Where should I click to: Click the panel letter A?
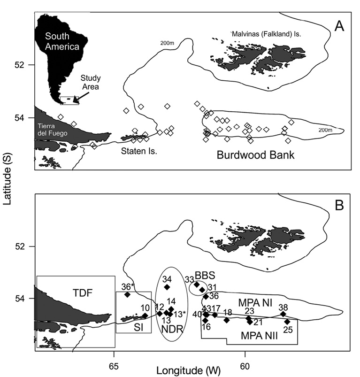(339, 26)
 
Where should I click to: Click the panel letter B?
(339, 205)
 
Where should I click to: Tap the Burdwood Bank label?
(255, 155)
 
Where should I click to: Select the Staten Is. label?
(139, 151)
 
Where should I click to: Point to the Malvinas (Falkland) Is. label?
(266, 34)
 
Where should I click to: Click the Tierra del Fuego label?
(53, 130)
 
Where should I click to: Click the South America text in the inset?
(62, 41)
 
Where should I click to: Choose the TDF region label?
(83, 293)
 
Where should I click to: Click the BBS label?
(205, 276)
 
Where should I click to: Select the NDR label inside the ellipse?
(172, 329)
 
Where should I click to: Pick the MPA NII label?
(259, 335)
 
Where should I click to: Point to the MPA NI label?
(255, 303)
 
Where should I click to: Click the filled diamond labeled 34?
(167, 287)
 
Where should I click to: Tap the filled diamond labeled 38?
(283, 314)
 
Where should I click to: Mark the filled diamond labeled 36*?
(127, 294)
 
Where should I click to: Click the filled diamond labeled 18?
(226, 320)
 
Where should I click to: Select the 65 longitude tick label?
(114, 366)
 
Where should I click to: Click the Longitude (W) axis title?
(188, 371)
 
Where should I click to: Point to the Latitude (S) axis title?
(8, 179)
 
